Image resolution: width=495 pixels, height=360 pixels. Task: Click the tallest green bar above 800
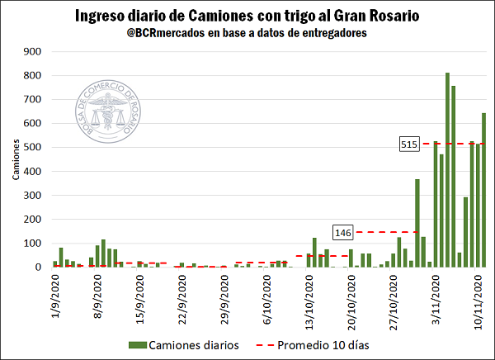pyautogui.click(x=447, y=169)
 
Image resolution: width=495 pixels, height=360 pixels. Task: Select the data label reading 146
pyautogui.click(x=344, y=232)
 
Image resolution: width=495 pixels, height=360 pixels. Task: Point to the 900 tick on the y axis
pyautogui.click(x=34, y=51)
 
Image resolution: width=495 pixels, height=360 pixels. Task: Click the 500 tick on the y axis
pyautogui.click(x=34, y=147)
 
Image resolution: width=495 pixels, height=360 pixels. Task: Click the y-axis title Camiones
pyautogui.click(x=15, y=159)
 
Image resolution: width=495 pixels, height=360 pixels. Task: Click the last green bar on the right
pyautogui.click(x=484, y=190)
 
